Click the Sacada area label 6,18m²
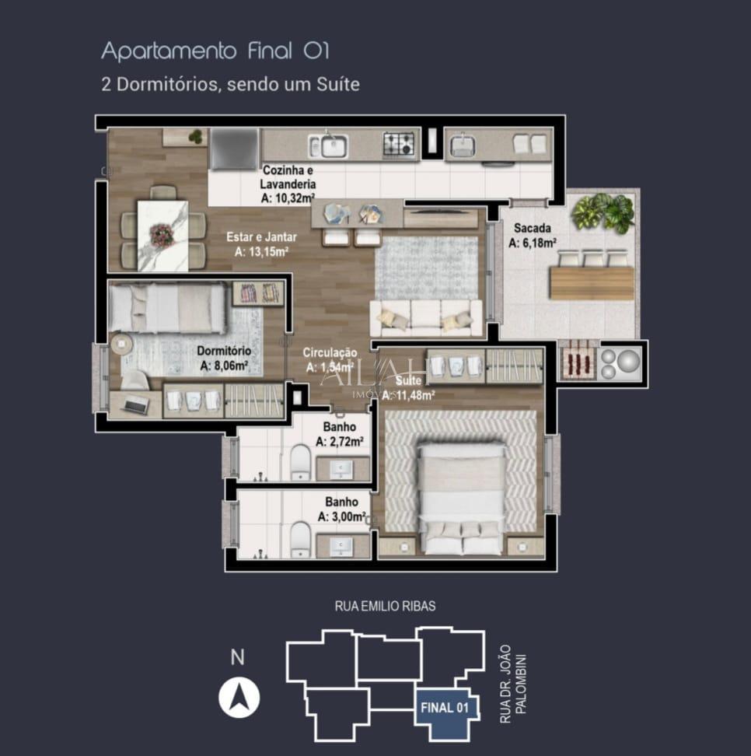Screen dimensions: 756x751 click(x=532, y=236)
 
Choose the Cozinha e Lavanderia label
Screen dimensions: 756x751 click(x=288, y=184)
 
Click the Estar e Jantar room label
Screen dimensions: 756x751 click(x=257, y=244)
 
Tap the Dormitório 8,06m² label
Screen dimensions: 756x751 click(x=223, y=358)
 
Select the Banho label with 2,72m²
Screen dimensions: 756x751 click(x=340, y=434)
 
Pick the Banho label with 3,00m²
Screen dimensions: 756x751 click(x=341, y=509)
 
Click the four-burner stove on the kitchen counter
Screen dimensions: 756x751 click(x=398, y=145)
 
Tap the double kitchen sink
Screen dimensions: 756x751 click(x=328, y=145)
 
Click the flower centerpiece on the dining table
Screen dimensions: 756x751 click(x=162, y=234)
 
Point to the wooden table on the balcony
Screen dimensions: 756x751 click(x=592, y=282)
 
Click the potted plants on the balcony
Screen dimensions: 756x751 click(x=603, y=212)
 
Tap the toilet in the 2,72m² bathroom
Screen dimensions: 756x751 click(x=301, y=463)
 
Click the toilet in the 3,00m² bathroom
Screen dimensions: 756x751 click(x=301, y=540)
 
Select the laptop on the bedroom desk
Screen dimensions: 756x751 click(x=135, y=404)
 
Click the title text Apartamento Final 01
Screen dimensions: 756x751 click(x=215, y=52)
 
